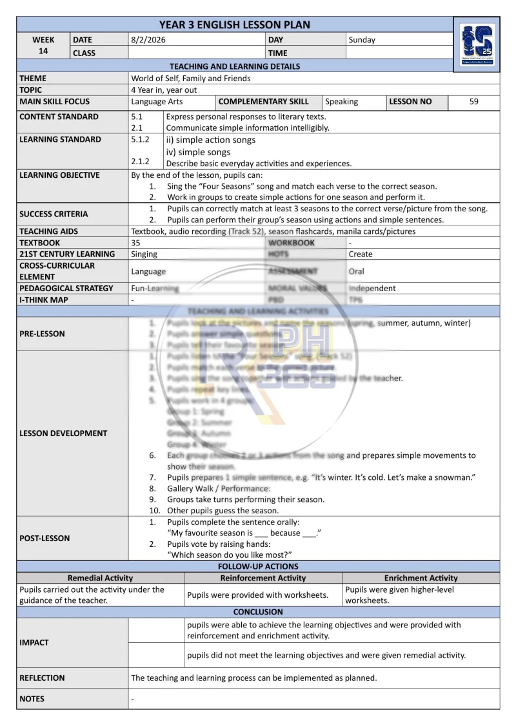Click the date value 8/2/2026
point(145,40)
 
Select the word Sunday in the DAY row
point(362,40)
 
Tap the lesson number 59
point(474,102)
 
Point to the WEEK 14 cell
point(43,46)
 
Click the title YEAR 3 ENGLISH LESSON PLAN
point(234,25)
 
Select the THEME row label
point(33,79)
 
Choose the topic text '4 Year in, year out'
point(164,90)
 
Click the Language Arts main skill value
point(157,102)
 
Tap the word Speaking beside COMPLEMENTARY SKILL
point(342,102)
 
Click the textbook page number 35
point(135,243)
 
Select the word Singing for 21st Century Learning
point(144,254)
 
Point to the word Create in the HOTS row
point(361,254)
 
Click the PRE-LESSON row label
point(42,334)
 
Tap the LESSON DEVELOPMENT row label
point(63,433)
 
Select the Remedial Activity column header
point(100,578)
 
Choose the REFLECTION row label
point(42,678)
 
